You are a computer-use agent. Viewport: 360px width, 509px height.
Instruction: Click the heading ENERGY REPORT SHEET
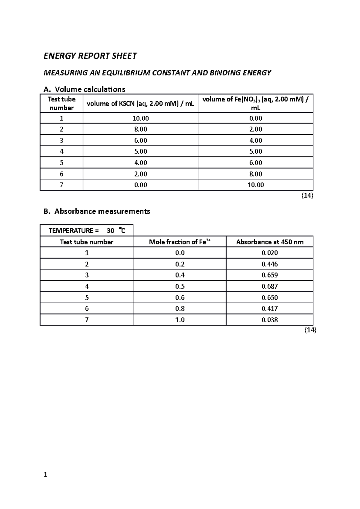[x=90, y=56]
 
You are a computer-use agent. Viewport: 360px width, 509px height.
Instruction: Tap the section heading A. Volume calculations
[x=84, y=89]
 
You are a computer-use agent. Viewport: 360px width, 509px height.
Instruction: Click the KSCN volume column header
[x=140, y=104]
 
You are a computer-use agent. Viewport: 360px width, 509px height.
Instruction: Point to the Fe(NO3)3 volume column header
[x=255, y=103]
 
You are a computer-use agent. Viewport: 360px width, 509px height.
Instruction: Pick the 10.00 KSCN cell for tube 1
[x=140, y=118]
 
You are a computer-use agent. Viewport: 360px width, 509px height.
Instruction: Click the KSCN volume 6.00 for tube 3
[x=140, y=141]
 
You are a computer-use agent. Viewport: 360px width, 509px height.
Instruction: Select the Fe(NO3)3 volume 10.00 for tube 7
[x=255, y=185]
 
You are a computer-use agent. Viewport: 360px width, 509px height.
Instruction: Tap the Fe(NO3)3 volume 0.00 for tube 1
[x=255, y=118]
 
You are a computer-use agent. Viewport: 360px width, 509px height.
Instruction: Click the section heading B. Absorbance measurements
[x=97, y=211]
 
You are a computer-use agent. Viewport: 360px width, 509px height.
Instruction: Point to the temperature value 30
[x=110, y=231]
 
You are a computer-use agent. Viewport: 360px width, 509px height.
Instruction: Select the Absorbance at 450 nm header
[x=269, y=242]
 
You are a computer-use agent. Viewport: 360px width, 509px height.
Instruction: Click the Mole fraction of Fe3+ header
[x=179, y=242]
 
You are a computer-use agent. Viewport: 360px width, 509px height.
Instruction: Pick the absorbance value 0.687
[x=269, y=287]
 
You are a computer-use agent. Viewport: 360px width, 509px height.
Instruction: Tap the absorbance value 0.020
[x=269, y=253]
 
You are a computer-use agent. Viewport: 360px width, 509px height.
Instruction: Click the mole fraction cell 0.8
[x=179, y=309]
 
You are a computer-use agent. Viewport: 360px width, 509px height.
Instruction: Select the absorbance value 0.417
[x=269, y=309]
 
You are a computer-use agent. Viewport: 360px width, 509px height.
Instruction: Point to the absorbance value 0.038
[x=269, y=320]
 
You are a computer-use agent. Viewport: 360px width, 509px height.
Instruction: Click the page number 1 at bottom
[x=45, y=475]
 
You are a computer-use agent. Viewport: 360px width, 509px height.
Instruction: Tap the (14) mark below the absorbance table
[x=310, y=330]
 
